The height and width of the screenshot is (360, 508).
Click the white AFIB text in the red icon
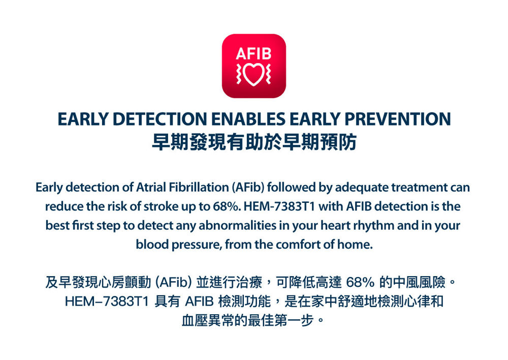[253, 53]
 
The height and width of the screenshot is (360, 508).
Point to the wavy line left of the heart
[239, 74]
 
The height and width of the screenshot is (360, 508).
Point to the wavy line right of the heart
[269, 74]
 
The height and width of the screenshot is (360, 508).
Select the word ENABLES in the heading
[248, 118]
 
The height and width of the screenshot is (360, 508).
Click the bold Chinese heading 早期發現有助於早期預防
[254, 142]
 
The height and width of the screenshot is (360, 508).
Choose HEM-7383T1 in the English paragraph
[279, 206]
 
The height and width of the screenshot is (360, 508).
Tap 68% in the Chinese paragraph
[360, 283]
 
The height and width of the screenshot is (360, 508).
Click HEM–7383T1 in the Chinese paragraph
[107, 302]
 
